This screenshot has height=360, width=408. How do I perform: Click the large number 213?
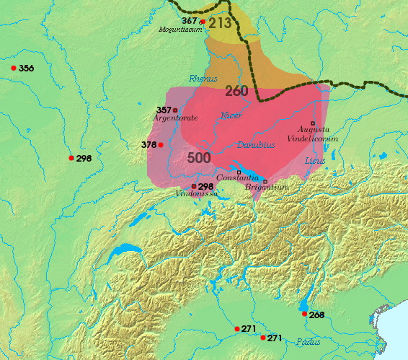(x=221, y=23)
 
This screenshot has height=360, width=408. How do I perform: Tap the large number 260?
(x=236, y=91)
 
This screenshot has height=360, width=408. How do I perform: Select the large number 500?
(x=198, y=158)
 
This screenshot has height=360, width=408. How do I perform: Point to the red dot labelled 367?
(x=203, y=22)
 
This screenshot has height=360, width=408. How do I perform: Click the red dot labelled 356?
(x=14, y=68)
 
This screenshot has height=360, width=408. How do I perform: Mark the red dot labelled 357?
(x=175, y=110)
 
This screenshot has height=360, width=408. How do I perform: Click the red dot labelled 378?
(x=161, y=145)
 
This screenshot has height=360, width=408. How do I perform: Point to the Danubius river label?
(x=255, y=144)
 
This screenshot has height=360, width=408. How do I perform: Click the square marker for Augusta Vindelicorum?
(x=313, y=123)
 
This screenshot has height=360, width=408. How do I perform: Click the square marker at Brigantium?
(x=265, y=181)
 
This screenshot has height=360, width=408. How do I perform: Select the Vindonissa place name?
(x=195, y=193)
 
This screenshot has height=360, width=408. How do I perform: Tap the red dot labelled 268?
(x=303, y=314)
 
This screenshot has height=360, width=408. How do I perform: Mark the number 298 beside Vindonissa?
(x=206, y=186)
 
